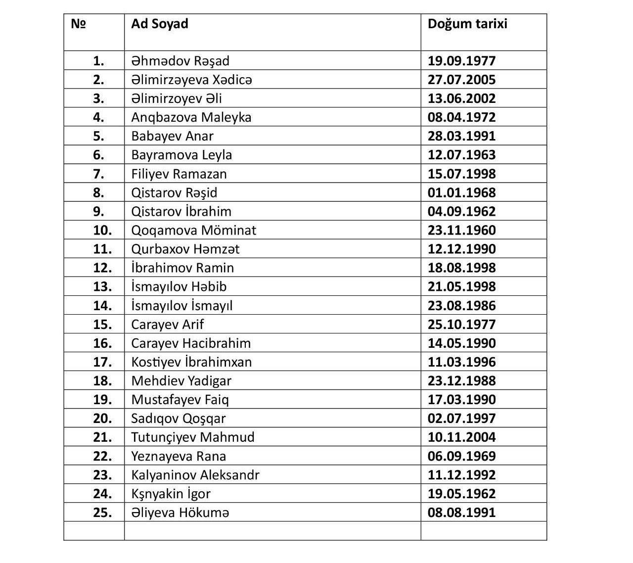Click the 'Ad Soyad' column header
tap(160, 24)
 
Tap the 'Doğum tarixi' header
tap(467, 24)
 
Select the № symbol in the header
tap(78, 24)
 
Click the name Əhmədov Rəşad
tap(181, 61)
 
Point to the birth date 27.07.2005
tap(461, 80)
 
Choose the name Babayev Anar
tap(173, 136)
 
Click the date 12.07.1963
tap(461, 155)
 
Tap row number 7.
tap(98, 174)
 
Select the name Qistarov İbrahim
tap(181, 211)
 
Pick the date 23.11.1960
tap(461, 230)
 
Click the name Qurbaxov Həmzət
tap(185, 249)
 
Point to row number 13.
tap(102, 286)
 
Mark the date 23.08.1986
tap(461, 305)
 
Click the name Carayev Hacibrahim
tap(191, 343)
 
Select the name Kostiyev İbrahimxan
tap(191, 362)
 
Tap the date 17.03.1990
tap(461, 399)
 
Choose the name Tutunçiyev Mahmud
tap(193, 437)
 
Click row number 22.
tap(102, 456)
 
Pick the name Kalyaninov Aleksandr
tap(195, 475)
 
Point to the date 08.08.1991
tap(461, 513)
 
